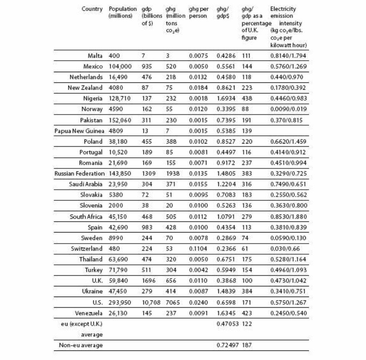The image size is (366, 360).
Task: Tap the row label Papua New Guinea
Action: (79, 131)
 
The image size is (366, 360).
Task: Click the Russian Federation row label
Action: (79, 174)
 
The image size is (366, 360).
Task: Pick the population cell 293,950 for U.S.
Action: (120, 303)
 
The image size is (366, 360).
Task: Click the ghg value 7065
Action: (173, 303)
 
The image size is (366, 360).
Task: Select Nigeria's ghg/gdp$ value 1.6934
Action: (225, 98)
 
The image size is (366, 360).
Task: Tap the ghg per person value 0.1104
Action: (198, 249)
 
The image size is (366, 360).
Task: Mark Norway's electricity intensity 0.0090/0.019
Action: (288, 109)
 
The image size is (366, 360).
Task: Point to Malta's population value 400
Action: (114, 56)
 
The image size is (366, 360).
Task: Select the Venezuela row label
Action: (89, 313)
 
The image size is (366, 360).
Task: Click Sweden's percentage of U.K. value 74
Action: (245, 238)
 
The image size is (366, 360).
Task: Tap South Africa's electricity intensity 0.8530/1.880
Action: (288, 217)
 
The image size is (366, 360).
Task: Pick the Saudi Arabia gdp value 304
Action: (147, 184)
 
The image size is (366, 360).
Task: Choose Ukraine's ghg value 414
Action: (171, 292)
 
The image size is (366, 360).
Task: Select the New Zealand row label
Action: (85, 88)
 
